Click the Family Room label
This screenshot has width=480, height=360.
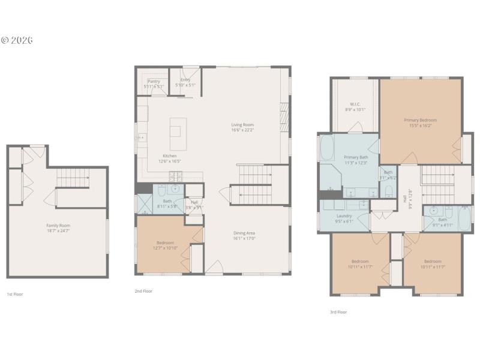click(x=58, y=225)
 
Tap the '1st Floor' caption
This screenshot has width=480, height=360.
click(x=15, y=295)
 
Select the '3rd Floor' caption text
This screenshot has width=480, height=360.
click(x=338, y=312)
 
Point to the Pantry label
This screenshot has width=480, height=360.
click(x=154, y=81)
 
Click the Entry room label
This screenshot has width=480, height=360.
click(x=185, y=80)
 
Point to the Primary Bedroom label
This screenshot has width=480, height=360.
click(x=420, y=120)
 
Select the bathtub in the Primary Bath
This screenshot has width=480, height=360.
click(x=328, y=149)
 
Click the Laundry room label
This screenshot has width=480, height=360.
click(x=344, y=215)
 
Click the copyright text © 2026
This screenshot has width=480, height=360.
click(x=16, y=40)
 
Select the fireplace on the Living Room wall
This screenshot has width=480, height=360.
click(x=284, y=118)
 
